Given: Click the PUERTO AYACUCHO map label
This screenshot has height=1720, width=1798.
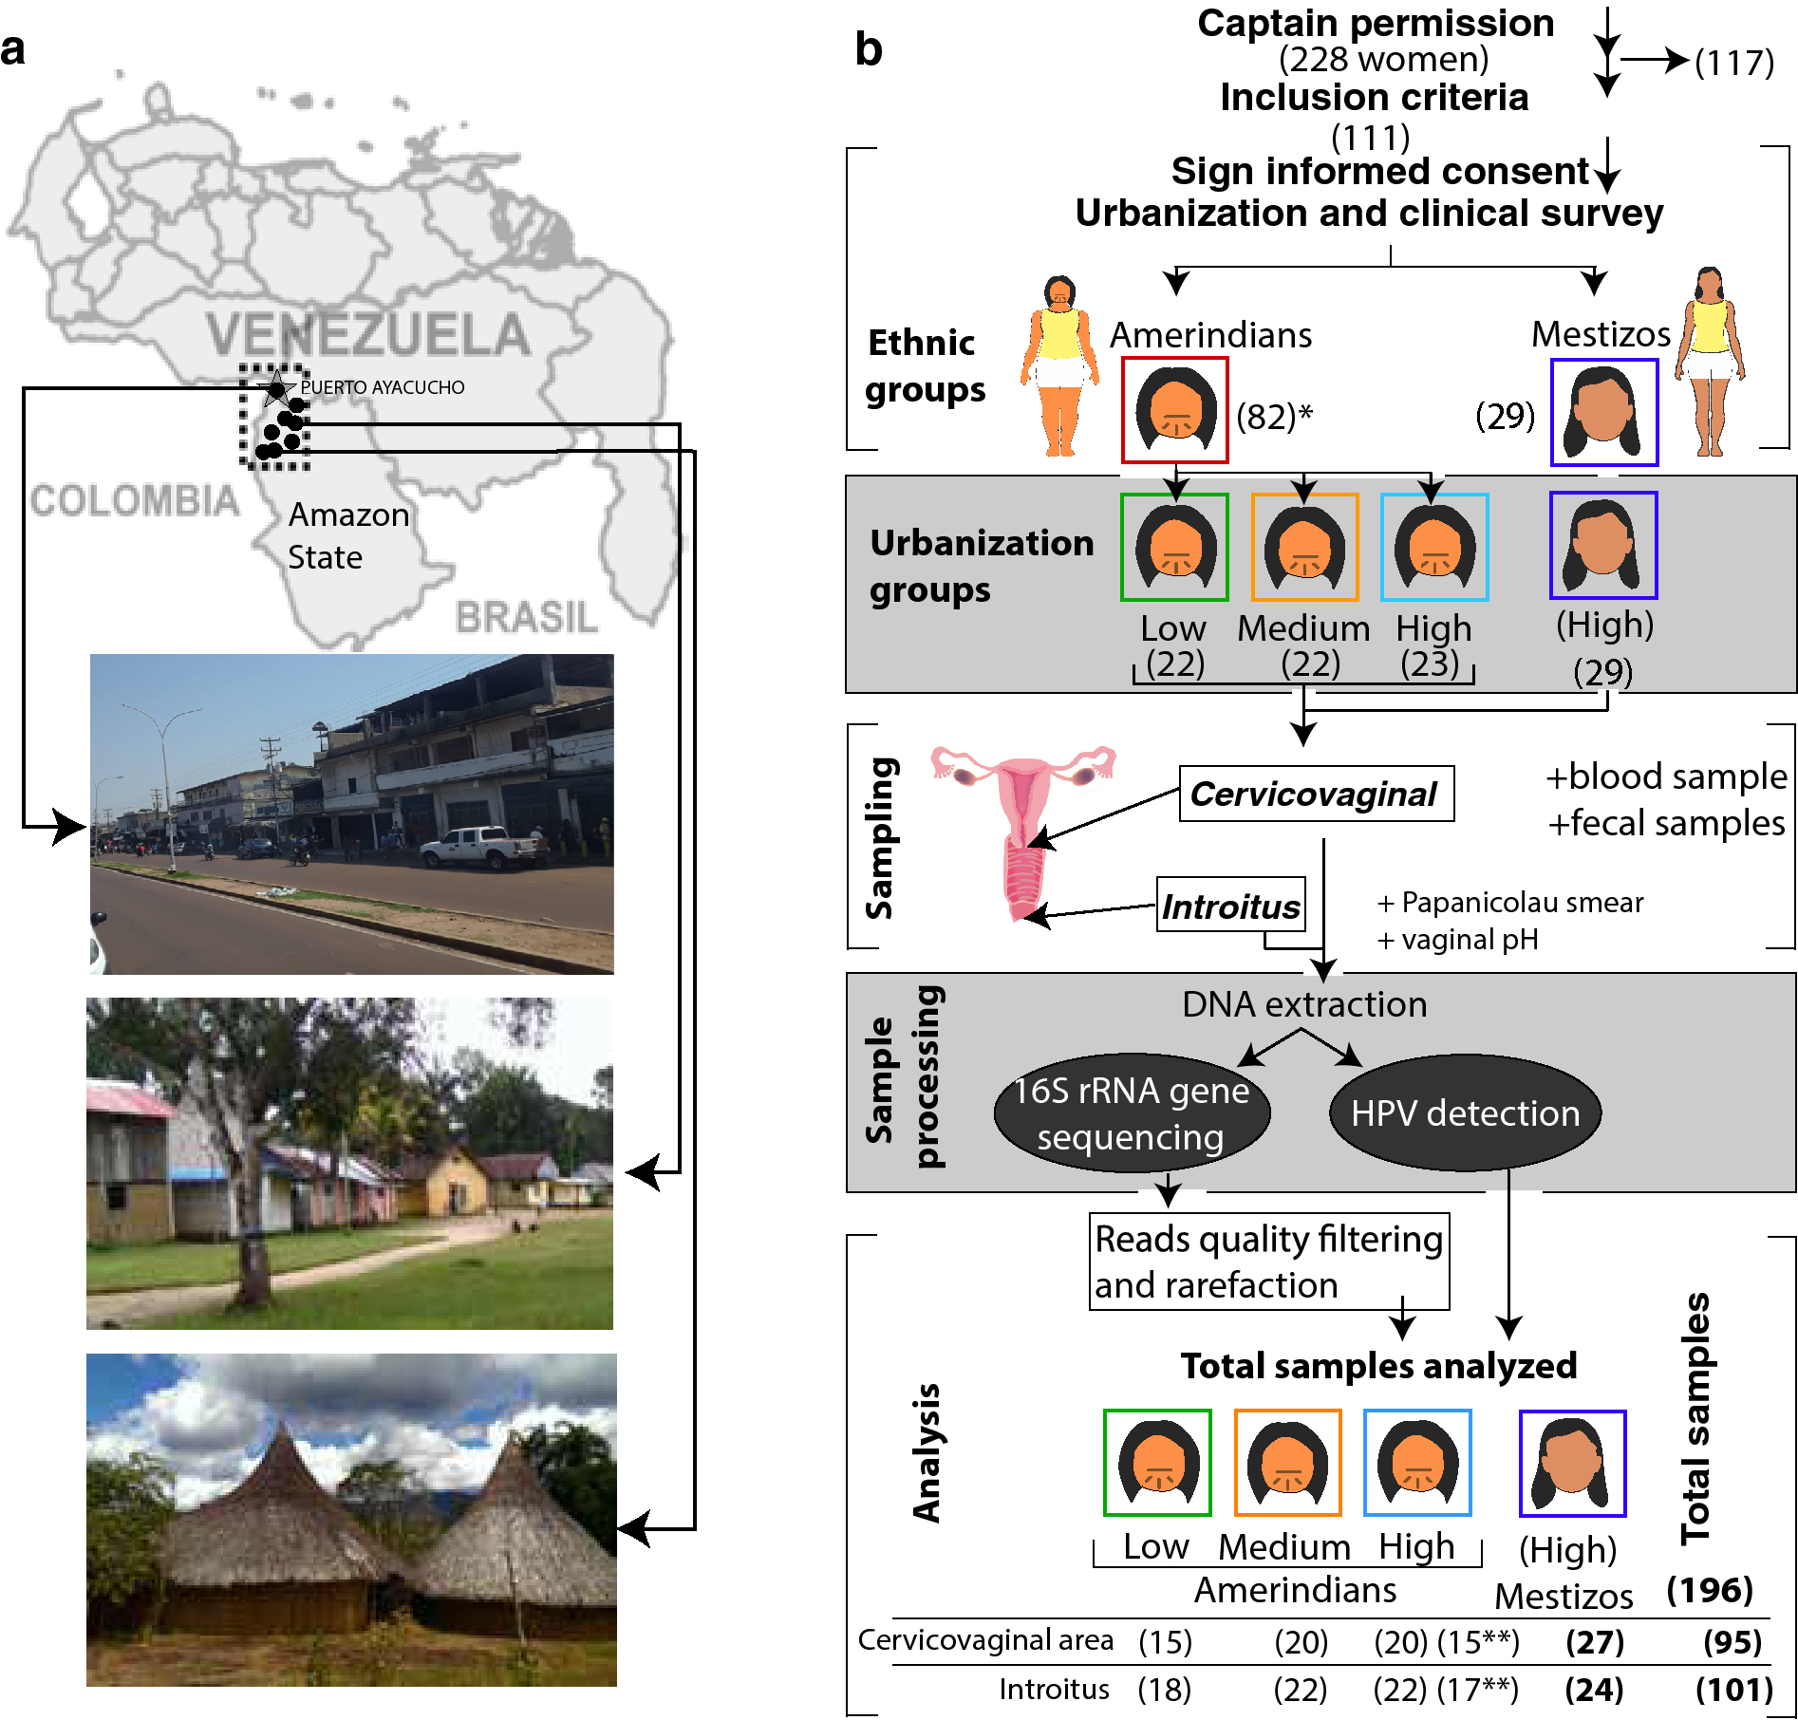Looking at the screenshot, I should tap(383, 387).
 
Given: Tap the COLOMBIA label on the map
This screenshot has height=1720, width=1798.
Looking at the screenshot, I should tap(134, 500).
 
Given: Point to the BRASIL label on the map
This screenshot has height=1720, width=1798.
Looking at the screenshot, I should tap(526, 617).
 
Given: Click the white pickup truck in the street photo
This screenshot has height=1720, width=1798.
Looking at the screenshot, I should tap(484, 847).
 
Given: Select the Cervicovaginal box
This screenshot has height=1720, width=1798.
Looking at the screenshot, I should tap(1316, 794).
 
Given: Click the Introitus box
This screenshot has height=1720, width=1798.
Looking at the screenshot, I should tap(1230, 906).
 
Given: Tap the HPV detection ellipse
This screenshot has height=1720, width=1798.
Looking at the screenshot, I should tap(1465, 1112).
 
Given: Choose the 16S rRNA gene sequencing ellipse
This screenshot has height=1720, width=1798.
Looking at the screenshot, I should tap(1132, 1112).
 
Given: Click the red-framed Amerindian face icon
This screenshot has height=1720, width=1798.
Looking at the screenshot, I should tap(1175, 410).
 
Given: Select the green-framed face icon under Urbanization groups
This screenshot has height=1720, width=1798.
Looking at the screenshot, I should tap(1174, 547).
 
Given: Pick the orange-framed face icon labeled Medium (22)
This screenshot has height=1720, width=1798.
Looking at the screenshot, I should tap(1304, 547).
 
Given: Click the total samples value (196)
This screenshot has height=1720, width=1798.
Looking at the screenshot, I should tap(1710, 1590).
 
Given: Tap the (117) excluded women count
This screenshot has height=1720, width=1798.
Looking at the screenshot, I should tap(1734, 63).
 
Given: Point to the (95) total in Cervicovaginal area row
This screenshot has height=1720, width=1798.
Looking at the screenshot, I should tap(1732, 1641).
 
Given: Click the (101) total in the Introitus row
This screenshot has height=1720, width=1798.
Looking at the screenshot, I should tap(1733, 1690).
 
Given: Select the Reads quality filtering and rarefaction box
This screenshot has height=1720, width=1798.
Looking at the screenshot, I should tap(1268, 1262).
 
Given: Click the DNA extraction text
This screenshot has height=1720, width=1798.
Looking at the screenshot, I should tap(1304, 1004).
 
